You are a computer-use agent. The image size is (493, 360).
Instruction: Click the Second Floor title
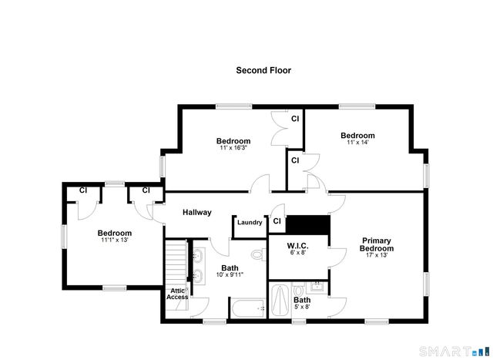263,70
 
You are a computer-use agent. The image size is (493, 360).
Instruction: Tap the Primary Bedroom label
377,244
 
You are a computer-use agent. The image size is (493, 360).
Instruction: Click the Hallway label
196,212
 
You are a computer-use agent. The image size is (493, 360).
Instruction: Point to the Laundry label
250,223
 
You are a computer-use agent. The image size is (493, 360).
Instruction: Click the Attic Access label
177,294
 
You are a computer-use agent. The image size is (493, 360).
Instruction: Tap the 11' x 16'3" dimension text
233,148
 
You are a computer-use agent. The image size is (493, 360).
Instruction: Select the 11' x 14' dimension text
357,143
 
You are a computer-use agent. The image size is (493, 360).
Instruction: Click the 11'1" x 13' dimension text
114,240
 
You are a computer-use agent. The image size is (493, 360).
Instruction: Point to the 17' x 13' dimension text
377,255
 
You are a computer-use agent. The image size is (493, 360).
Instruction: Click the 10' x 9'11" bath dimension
230,274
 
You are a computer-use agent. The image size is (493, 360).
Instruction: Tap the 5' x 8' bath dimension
302,307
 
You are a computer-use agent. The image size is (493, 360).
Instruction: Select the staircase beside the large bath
176,262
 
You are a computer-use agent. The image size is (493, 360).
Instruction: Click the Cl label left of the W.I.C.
277,222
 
